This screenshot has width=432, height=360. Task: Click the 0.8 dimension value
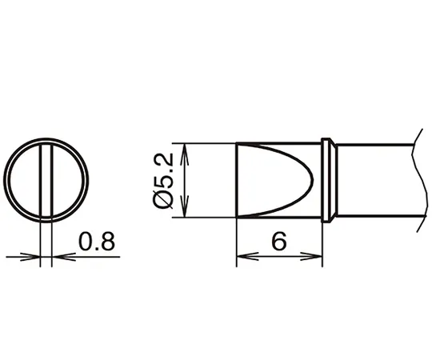(97, 242)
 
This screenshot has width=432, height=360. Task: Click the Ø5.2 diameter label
(162, 181)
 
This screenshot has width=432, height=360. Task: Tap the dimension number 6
(279, 242)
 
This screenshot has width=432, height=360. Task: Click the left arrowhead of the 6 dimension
(247, 257)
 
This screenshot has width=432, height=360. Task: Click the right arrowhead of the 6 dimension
(311, 257)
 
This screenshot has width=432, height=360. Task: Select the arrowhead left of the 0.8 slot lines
(30, 257)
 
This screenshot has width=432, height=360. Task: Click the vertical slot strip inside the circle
(46, 181)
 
